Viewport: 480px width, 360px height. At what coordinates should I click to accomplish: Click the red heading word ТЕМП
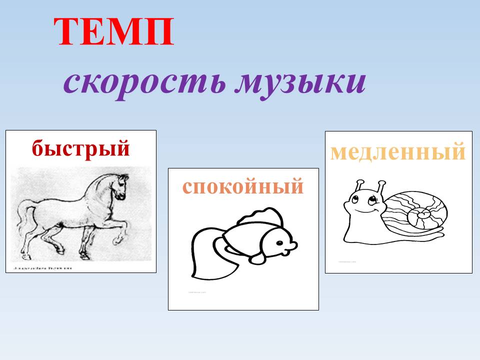(x=114, y=32)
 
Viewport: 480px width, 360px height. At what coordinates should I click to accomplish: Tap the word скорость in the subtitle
(x=145, y=82)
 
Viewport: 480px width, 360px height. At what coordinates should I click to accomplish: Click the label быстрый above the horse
(x=80, y=148)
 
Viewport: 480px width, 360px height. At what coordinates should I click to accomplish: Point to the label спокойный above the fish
(x=243, y=186)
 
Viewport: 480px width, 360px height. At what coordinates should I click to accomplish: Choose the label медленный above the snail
(x=398, y=151)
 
